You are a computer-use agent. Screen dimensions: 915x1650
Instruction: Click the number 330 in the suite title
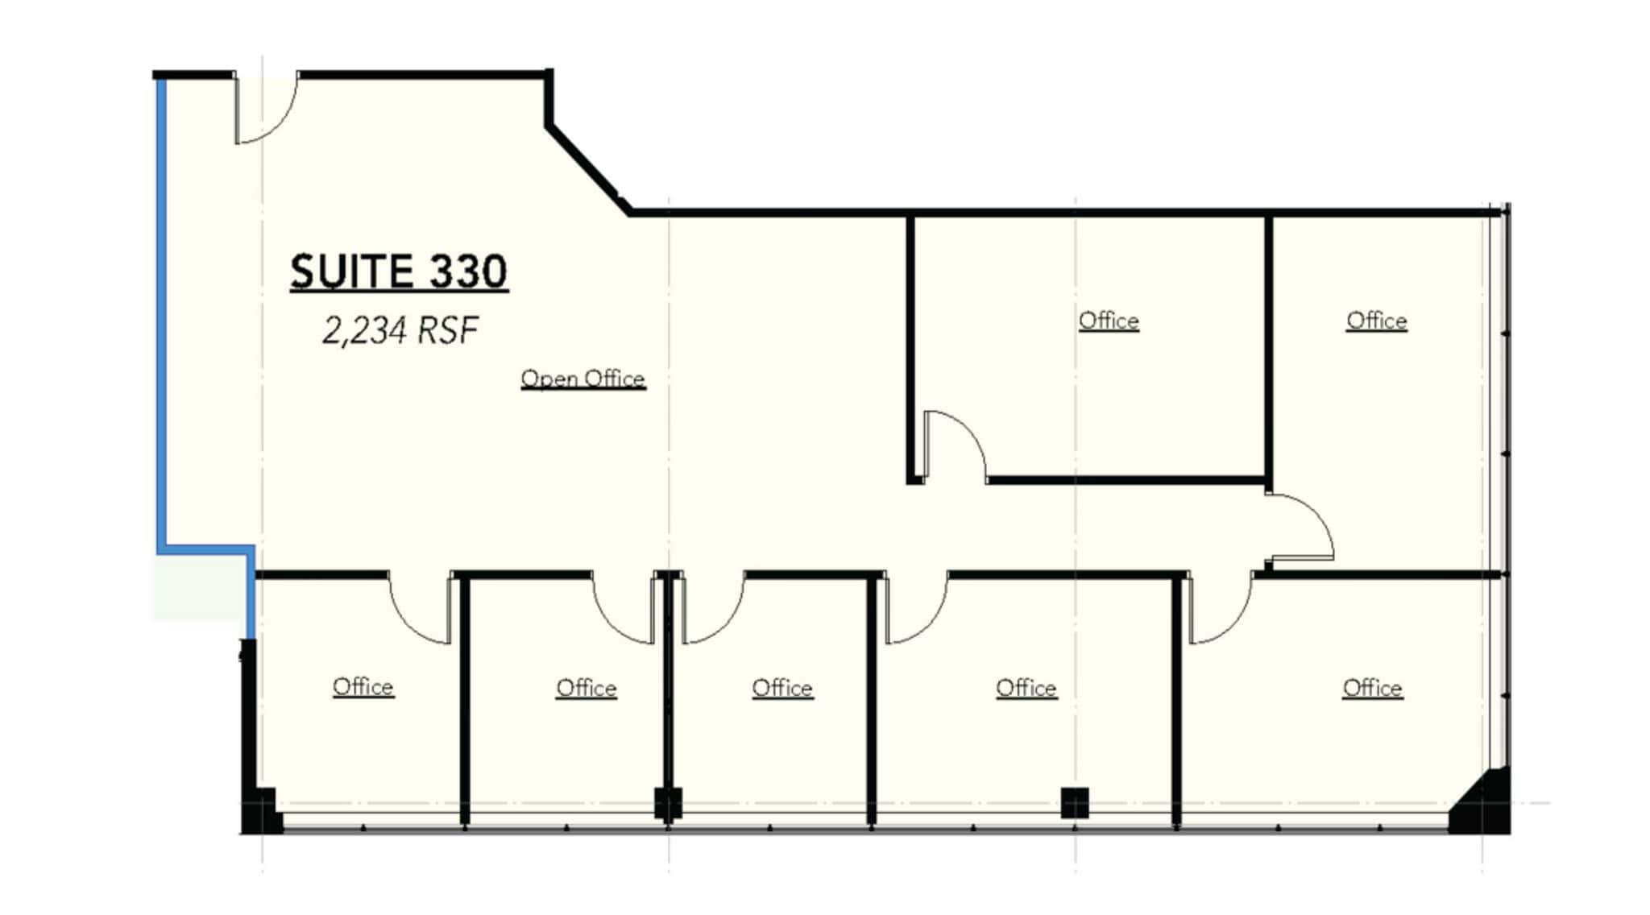coord(468,271)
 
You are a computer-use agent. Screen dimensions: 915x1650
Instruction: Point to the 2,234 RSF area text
coord(400,330)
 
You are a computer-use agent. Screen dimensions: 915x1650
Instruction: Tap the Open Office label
coord(582,379)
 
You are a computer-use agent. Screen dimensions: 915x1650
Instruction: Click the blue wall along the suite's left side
coord(161,314)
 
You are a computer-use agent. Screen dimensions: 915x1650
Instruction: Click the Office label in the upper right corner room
coord(1376,321)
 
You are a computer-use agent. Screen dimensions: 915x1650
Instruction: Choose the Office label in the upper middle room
coord(1109,321)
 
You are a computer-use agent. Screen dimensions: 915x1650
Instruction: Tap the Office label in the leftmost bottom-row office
coord(363,687)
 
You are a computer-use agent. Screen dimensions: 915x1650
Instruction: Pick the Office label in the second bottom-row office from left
coord(586,688)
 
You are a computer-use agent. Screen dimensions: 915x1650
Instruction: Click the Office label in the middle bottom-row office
coord(782,688)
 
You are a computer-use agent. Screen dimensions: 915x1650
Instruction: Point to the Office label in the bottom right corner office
coord(1372,688)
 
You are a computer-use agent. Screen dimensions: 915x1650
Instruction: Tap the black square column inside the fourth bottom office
coord(1074,802)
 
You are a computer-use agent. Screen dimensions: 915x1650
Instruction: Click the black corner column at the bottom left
coord(259,809)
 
